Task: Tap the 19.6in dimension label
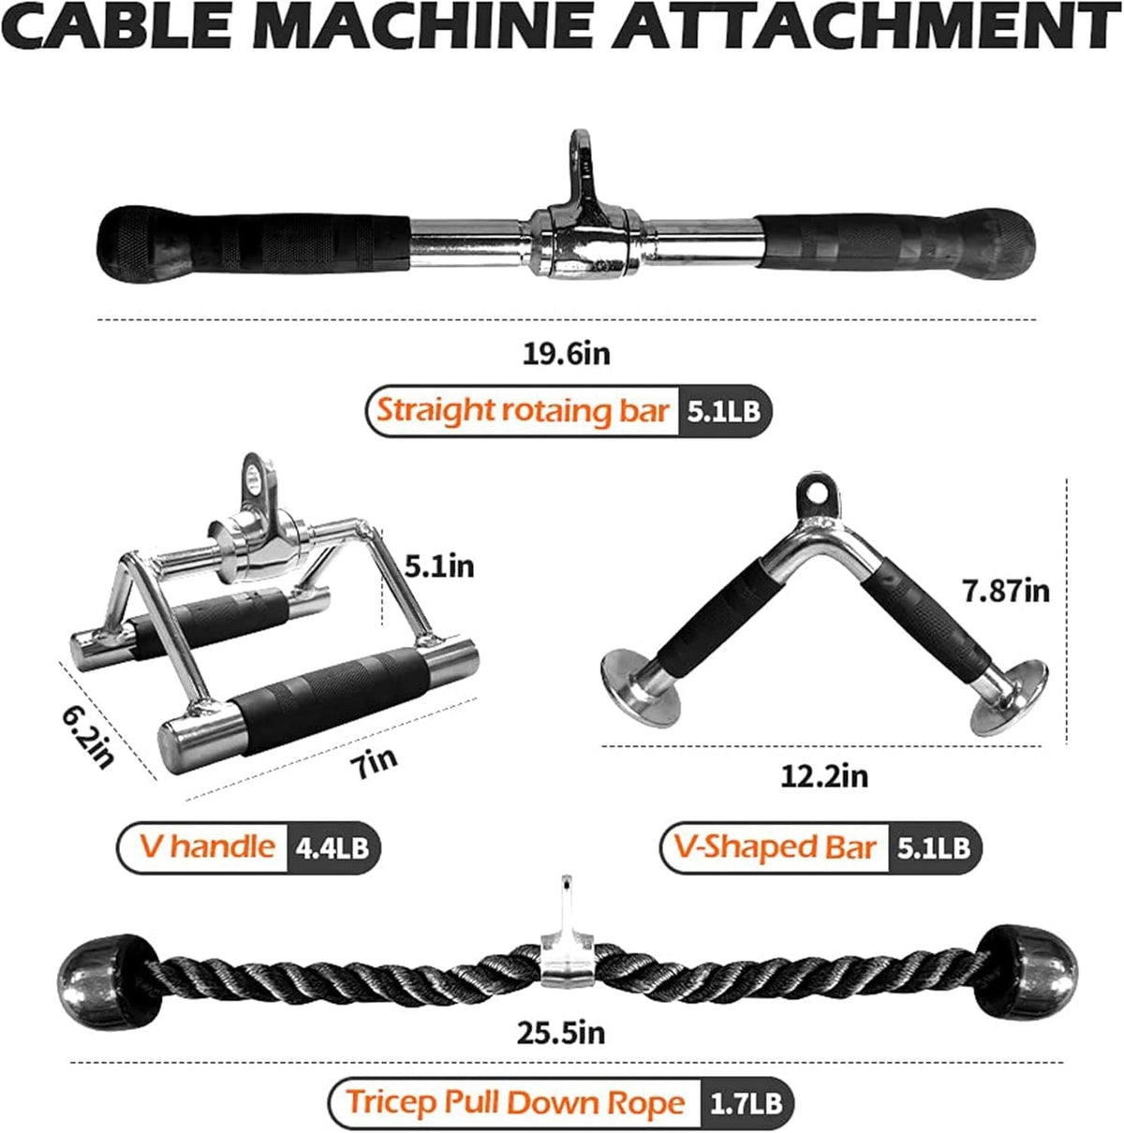pos(566,354)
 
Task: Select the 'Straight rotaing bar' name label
pos(523,410)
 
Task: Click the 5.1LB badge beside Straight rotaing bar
pos(723,411)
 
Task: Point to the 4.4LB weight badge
pos(333,847)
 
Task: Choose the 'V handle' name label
pos(208,846)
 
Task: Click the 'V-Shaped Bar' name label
pos(775,847)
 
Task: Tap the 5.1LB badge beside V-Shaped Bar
pos(934,847)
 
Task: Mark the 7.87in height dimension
pos(1006,591)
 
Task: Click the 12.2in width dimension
pos(824,776)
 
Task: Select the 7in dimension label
pos(373,763)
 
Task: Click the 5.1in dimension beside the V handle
pos(438,566)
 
